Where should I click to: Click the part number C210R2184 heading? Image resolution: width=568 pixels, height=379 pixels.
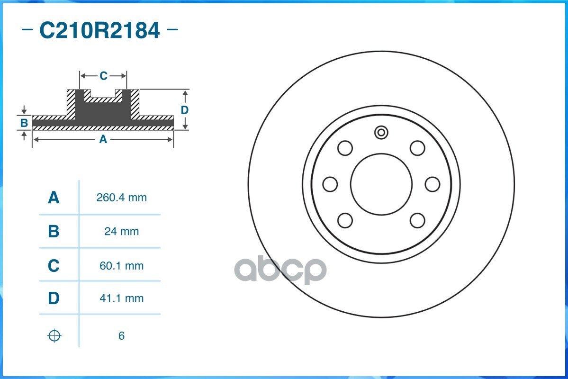[99, 31]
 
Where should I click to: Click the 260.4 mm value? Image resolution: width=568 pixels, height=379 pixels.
[121, 198]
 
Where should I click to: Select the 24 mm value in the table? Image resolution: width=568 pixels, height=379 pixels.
[121, 232]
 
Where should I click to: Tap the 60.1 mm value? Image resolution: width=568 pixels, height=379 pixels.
[121, 266]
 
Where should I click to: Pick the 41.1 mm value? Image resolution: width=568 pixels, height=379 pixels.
[121, 298]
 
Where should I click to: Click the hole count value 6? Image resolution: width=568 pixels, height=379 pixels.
[121, 336]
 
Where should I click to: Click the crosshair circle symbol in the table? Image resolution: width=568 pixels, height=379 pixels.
[54, 336]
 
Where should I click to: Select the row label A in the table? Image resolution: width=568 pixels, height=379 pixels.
[54, 198]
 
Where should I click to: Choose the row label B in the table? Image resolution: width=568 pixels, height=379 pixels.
[54, 232]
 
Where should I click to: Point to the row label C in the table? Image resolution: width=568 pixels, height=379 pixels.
[54, 266]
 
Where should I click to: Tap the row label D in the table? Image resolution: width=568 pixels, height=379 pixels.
[54, 298]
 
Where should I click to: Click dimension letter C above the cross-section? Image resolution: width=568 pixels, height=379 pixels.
[103, 76]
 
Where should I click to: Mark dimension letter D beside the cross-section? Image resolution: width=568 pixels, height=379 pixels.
[185, 110]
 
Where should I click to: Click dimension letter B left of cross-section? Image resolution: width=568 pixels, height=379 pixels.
[24, 123]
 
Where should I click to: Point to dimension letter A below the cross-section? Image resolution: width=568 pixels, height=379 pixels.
[103, 139]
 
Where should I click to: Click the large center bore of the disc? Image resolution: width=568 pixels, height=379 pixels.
[381, 184]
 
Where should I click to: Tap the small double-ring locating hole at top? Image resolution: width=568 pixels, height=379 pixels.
[381, 132]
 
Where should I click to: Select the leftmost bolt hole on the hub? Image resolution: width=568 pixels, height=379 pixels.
[330, 184]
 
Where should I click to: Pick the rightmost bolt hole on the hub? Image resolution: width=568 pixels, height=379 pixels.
[432, 184]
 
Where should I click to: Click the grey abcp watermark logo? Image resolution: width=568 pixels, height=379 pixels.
[280, 270]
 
